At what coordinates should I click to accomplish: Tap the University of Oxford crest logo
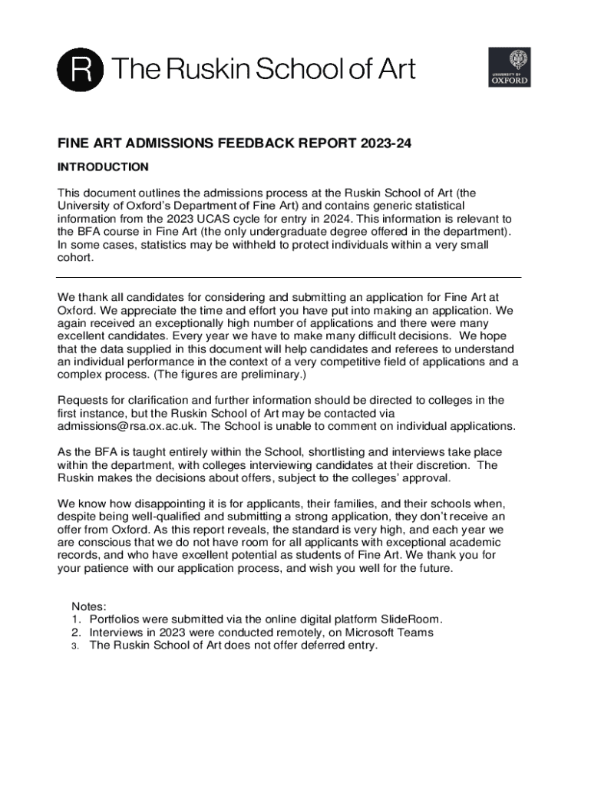coord(509,67)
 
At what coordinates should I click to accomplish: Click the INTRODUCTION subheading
coord(103,167)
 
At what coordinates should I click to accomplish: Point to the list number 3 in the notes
coord(76,646)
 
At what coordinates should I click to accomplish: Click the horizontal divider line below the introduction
coord(289,277)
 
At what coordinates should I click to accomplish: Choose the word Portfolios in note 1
coord(115,619)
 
